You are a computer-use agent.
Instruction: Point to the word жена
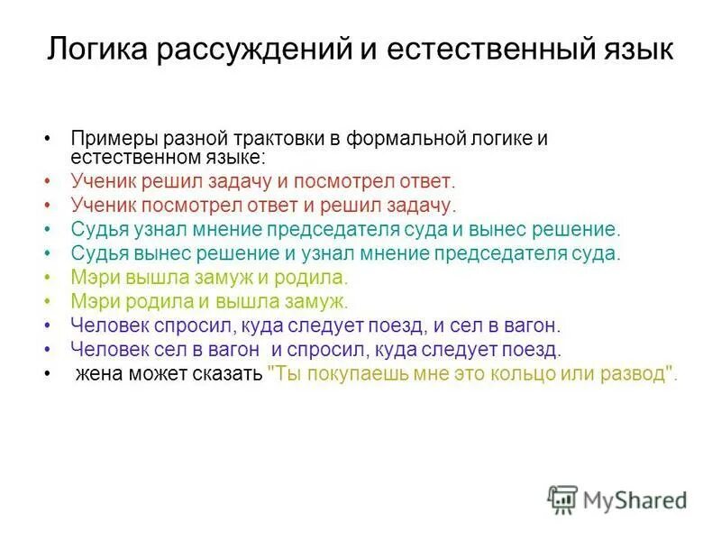(99, 373)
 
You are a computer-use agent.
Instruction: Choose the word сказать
(227, 373)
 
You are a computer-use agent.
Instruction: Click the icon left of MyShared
(562, 500)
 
